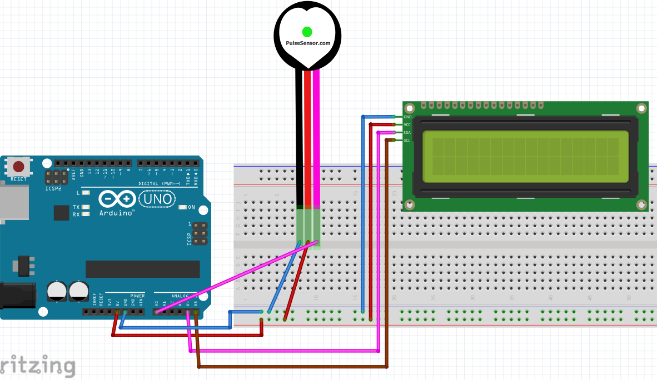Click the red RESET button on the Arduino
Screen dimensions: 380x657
pos(18,166)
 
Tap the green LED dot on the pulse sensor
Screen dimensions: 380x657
pos(307,31)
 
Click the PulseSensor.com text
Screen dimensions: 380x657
pos(307,43)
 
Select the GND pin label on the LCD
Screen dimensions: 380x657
pos(407,117)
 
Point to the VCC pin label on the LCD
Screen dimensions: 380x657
pos(407,125)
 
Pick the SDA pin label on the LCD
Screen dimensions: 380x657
pos(407,133)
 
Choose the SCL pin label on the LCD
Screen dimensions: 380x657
pos(407,141)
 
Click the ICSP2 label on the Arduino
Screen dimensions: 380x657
pos(53,189)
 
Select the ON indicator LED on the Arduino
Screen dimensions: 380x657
pos(183,207)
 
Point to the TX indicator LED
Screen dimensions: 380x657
pos(85,207)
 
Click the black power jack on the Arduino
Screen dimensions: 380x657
pos(17,295)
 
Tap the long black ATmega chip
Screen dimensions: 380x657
pos(142,269)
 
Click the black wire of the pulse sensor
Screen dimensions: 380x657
pos(299,139)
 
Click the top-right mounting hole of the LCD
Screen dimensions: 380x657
pos(641,108)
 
